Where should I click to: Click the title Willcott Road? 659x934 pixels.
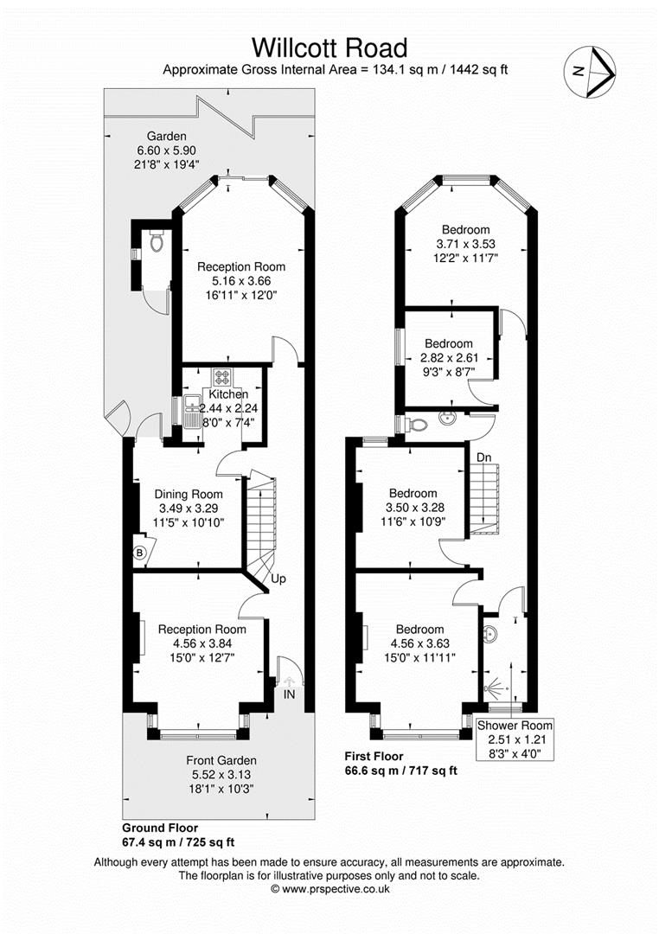click(x=329, y=48)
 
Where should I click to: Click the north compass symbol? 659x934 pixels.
click(x=590, y=73)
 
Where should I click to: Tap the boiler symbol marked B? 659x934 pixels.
click(x=140, y=553)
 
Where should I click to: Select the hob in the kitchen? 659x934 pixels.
click(x=223, y=376)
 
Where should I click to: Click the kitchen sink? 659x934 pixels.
click(x=193, y=413)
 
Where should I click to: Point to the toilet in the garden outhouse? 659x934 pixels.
click(x=157, y=242)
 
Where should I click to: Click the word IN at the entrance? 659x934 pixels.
click(x=289, y=694)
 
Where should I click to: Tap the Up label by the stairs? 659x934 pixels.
click(x=278, y=579)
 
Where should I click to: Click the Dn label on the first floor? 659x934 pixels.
click(x=483, y=457)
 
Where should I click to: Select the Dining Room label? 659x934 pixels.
click(x=189, y=494)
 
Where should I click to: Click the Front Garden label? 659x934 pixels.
click(x=221, y=760)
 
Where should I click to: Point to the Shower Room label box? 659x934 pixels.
click(x=515, y=739)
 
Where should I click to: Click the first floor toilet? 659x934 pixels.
click(x=417, y=425)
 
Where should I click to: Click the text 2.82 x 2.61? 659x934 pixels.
click(x=449, y=358)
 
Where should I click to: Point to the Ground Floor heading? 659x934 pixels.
click(x=160, y=828)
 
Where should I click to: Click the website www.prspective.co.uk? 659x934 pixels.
click(x=330, y=889)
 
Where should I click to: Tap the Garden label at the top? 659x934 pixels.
click(x=167, y=137)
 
